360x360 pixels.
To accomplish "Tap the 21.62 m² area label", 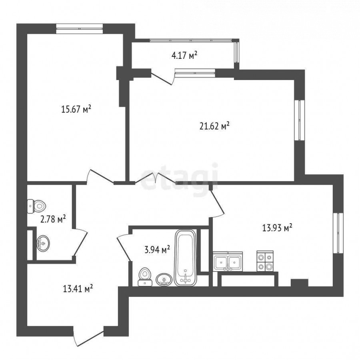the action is click(x=214, y=126).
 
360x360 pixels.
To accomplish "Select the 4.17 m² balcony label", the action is click(x=184, y=55).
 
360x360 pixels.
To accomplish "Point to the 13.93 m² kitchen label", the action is click(x=277, y=228).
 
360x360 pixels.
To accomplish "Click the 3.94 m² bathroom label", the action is click(x=157, y=249).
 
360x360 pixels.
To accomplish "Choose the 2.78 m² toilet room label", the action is click(x=53, y=219).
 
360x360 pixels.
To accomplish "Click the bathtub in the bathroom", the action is click(x=186, y=258).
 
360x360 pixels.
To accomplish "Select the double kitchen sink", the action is click(x=228, y=262).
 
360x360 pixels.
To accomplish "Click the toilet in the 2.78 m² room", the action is click(x=36, y=206).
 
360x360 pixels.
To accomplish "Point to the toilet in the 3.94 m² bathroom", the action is click(x=145, y=277).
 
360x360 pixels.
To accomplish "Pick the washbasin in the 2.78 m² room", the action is click(x=43, y=243).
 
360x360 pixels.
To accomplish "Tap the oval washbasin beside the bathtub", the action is click(x=164, y=280).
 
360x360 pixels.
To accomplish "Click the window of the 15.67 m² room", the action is click(x=80, y=28).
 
